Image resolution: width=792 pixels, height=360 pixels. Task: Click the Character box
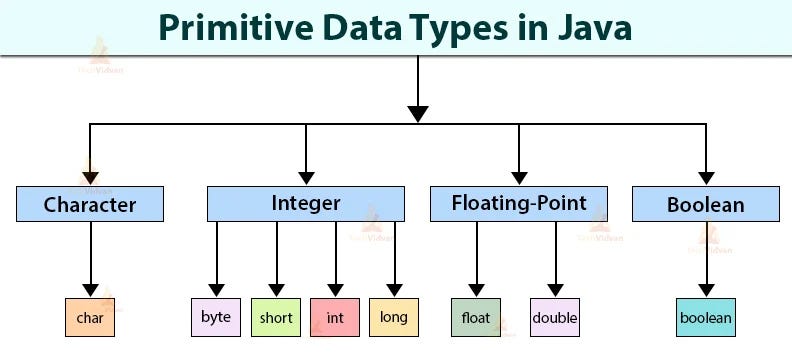[90, 205]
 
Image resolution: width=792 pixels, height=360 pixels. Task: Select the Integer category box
[306, 204]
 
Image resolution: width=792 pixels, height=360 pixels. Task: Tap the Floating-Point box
[518, 204]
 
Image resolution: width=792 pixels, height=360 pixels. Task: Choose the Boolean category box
[706, 205]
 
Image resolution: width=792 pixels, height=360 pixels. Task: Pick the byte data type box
[216, 317]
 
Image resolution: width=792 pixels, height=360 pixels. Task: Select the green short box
[276, 317]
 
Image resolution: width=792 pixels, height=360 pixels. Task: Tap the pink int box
[335, 317]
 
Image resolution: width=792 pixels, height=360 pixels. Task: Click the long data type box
[394, 317]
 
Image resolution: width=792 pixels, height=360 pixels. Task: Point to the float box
[476, 317]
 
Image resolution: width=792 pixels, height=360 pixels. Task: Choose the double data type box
[555, 317]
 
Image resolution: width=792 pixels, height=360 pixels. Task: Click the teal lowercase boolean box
[706, 318]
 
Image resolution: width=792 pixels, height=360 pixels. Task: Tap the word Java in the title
[592, 28]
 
